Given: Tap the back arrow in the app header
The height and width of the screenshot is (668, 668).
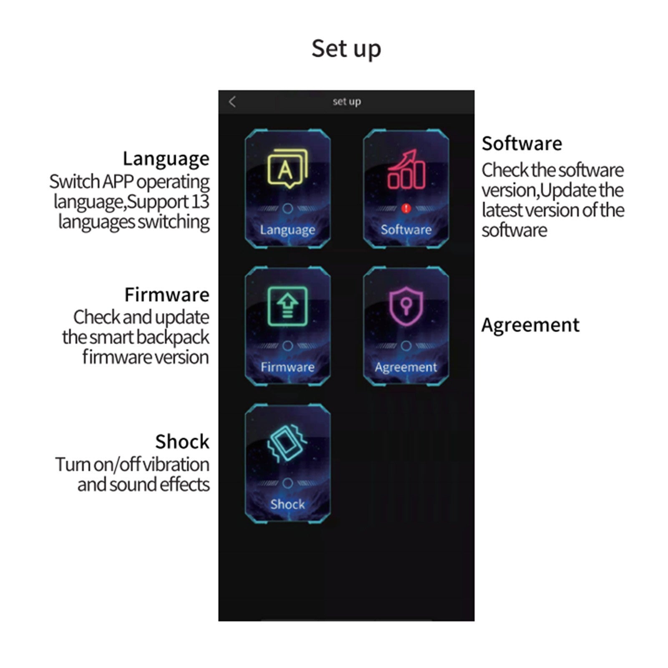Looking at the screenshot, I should (x=232, y=102).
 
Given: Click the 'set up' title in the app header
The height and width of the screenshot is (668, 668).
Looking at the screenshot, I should (x=347, y=101).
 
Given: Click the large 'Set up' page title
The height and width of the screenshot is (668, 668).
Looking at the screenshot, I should (x=346, y=48).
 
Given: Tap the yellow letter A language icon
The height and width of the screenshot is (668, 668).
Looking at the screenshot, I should (x=287, y=169).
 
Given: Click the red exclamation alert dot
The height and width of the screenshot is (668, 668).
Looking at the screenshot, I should (x=406, y=208).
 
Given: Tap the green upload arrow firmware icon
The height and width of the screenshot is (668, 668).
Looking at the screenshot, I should (x=287, y=306).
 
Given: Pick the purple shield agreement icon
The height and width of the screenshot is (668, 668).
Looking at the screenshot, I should (x=406, y=306).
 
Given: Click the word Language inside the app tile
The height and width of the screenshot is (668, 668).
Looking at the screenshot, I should (x=287, y=230).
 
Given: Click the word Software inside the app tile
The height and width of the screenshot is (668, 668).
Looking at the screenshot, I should (x=406, y=229).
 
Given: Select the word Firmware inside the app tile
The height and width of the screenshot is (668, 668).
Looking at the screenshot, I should (x=287, y=367).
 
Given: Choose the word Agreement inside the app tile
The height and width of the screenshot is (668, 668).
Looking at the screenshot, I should (x=406, y=367).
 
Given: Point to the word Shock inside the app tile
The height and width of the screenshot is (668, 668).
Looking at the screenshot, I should (x=287, y=504).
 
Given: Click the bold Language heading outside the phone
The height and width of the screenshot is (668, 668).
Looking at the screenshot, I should (x=166, y=159).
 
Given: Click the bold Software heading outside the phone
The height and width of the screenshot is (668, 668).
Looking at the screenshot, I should (x=522, y=144).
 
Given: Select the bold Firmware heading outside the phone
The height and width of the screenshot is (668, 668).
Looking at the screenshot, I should (x=167, y=295).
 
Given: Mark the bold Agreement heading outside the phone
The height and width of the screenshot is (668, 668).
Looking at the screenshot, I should (x=530, y=325).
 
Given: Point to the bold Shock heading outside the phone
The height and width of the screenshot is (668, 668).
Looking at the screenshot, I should (x=182, y=442).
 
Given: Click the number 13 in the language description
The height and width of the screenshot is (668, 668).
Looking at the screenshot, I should (x=200, y=202).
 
